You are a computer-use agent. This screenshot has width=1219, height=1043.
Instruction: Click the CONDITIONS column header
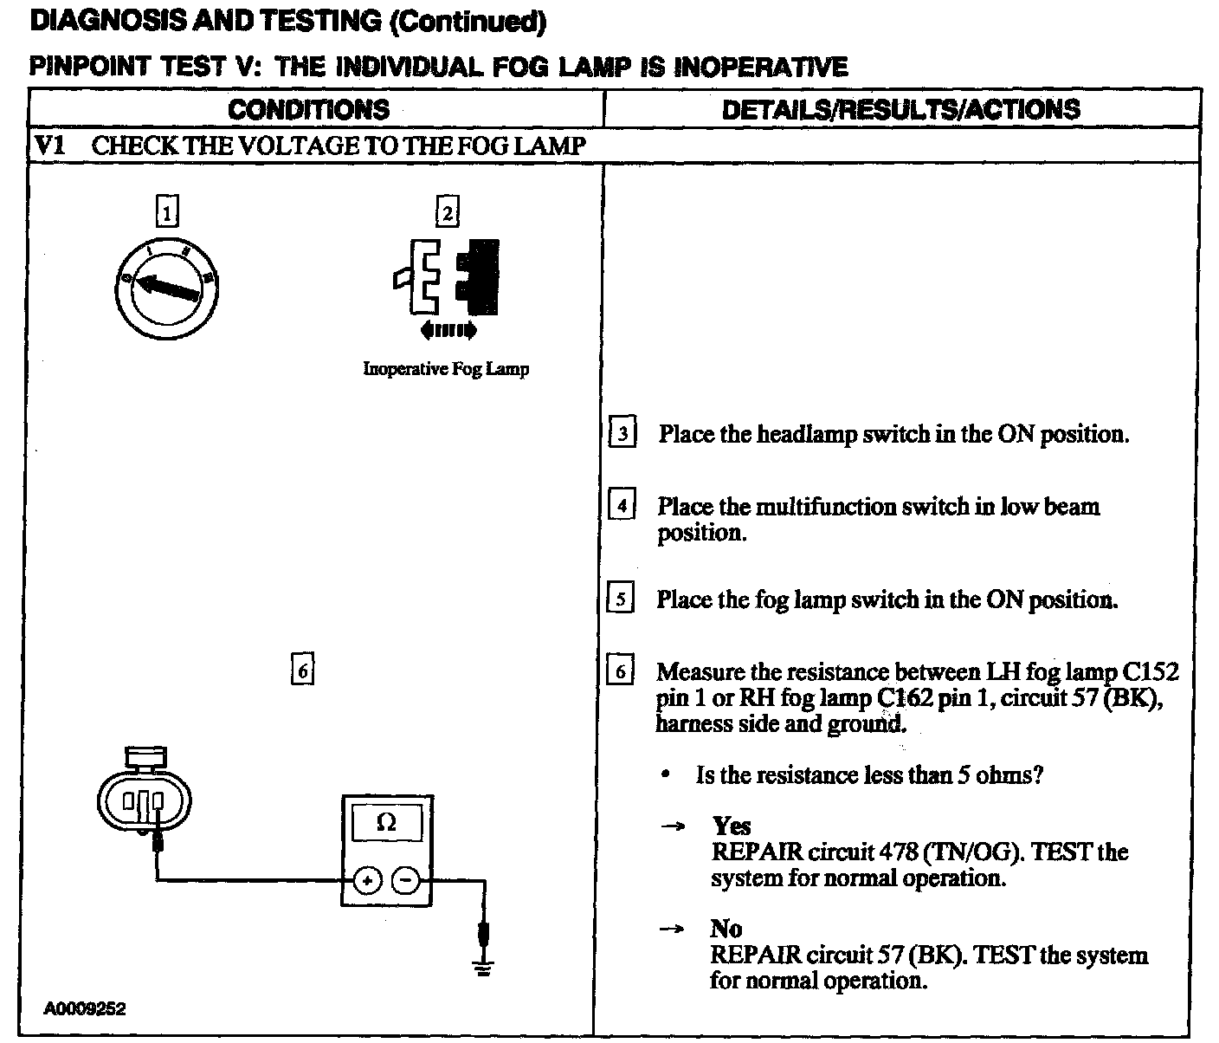[x=308, y=110]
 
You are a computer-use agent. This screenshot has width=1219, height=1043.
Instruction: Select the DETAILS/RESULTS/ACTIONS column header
[x=900, y=110]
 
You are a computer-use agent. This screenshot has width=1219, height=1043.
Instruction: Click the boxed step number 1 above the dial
[x=167, y=211]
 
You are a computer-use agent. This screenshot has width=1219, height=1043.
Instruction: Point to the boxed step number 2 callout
[x=447, y=211]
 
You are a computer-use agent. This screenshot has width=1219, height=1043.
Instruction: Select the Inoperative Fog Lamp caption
[x=446, y=369]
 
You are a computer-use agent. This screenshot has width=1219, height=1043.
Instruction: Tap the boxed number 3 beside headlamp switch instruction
[x=623, y=432]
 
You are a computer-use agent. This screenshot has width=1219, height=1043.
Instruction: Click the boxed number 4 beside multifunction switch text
[x=622, y=504]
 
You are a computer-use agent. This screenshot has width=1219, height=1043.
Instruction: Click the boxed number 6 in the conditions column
[x=301, y=670]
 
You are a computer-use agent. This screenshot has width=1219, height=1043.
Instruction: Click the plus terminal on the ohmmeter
[x=367, y=881]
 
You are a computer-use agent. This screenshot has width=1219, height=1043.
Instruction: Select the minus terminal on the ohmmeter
[x=405, y=881]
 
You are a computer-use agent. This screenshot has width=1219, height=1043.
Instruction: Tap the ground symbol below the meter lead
[x=483, y=968]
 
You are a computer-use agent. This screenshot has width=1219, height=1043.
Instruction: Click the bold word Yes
[x=732, y=826]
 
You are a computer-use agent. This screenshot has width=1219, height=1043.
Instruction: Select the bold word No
[x=726, y=929]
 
